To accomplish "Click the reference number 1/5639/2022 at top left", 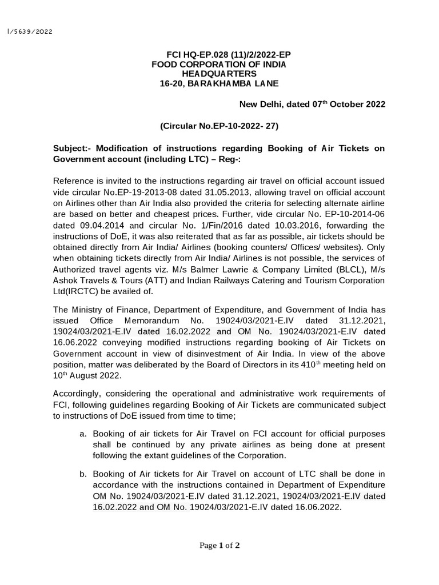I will pos(29,32).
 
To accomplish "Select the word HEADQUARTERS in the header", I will pos(219,74).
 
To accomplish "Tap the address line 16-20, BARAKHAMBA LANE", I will pos(219,84).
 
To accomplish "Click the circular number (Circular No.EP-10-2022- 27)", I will pos(219,126).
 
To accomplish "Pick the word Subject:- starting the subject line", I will pos(73,149).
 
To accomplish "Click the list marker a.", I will pos(83,434).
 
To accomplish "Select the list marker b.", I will pos(83,474).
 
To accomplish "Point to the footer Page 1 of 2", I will pos(219,546).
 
